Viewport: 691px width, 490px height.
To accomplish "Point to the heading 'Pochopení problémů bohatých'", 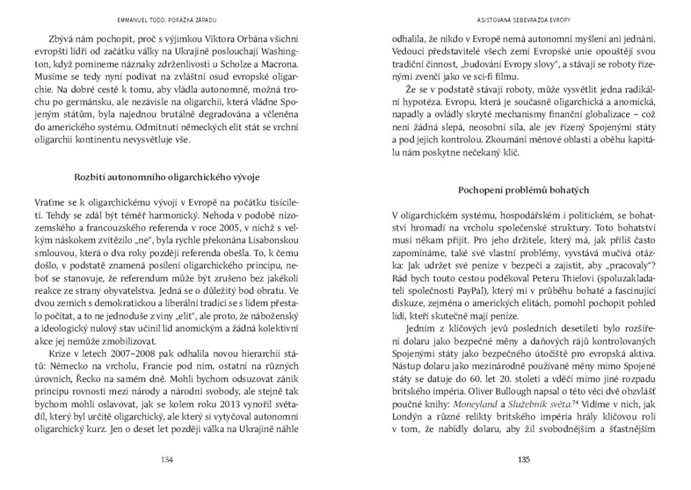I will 524,190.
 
